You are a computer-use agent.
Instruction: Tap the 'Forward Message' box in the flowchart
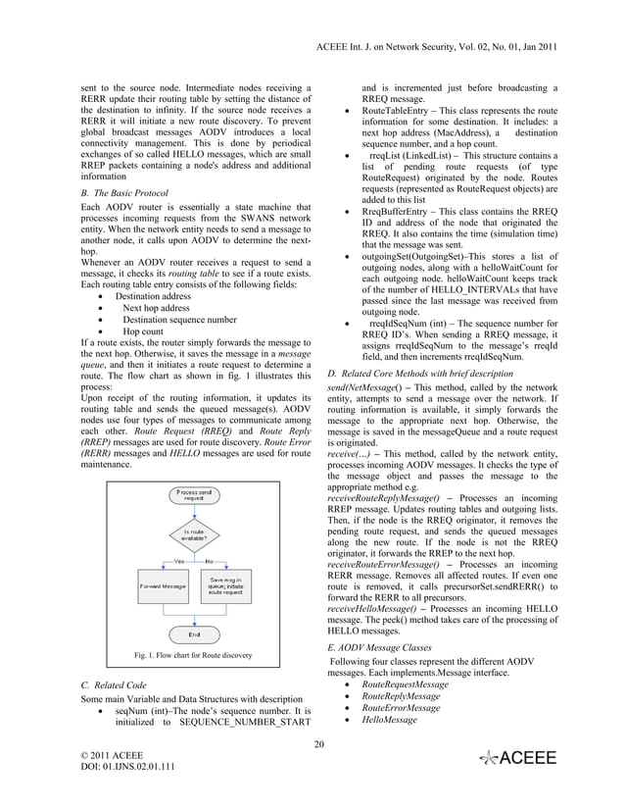pyautogui.click(x=162, y=586)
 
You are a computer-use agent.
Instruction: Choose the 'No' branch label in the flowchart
pyautogui.click(x=209, y=561)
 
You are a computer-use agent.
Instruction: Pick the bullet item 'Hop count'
pyautogui.click(x=143, y=332)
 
